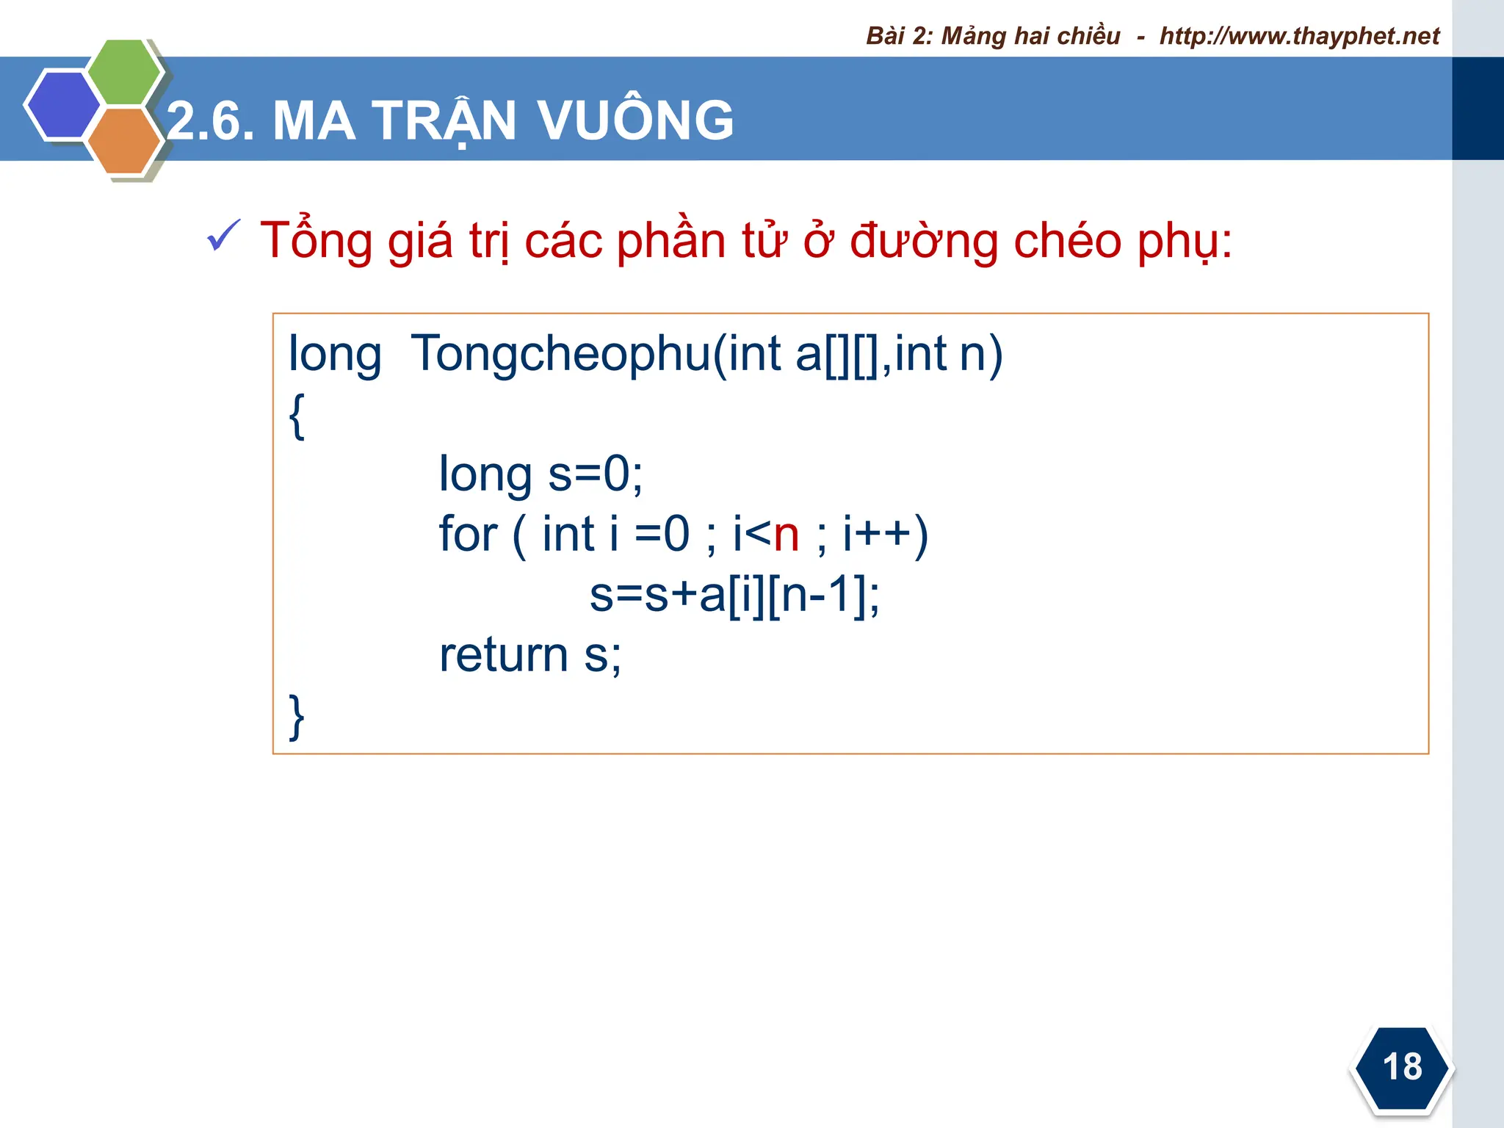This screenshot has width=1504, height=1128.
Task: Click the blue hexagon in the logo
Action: click(62, 104)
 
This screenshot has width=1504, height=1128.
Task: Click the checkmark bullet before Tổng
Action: click(223, 236)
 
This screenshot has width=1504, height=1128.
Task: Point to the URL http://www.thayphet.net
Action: click(1299, 36)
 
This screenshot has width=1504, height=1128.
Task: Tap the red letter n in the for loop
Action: click(787, 535)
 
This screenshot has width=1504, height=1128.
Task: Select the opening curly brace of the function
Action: click(297, 416)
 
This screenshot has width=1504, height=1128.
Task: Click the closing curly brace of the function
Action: click(297, 716)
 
